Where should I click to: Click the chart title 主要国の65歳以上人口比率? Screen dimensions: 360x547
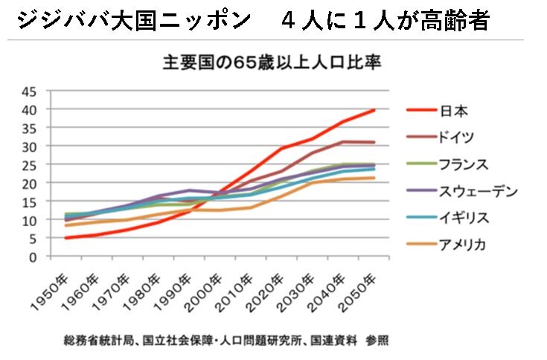[x=272, y=62]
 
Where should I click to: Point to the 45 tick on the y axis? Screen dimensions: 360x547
[x=28, y=92]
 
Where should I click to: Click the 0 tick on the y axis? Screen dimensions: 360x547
[x=33, y=257]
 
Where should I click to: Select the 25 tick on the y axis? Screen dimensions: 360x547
[x=28, y=165]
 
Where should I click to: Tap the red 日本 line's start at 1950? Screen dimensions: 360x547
[x=66, y=238]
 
